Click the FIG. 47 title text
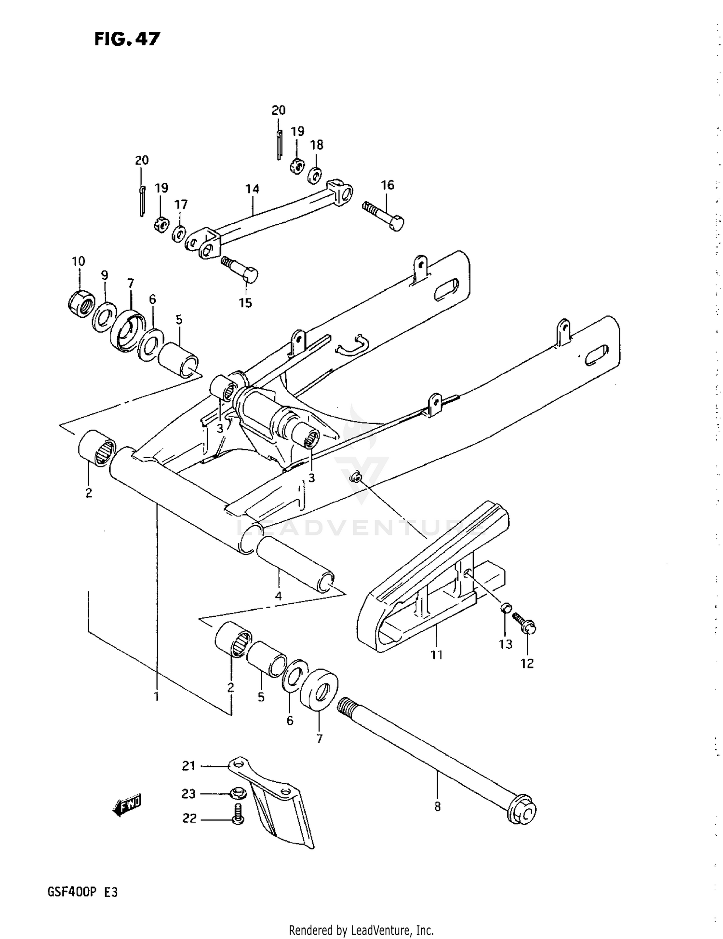click(x=127, y=39)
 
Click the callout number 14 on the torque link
click(x=252, y=189)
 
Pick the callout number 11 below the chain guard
click(x=436, y=654)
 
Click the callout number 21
click(x=188, y=765)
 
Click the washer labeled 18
click(x=315, y=176)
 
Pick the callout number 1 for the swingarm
click(x=156, y=697)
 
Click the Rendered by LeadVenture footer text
click(x=361, y=930)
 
